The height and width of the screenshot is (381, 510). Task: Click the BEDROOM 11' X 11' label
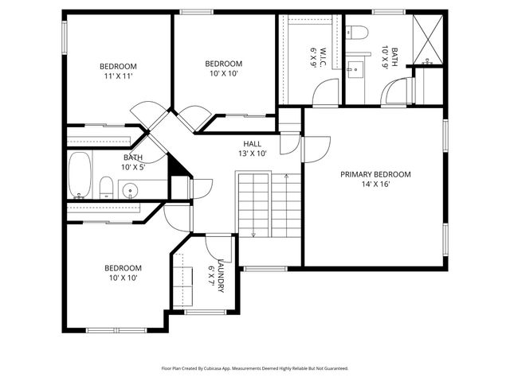click(118, 71)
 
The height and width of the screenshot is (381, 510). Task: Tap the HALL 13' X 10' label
click(252, 148)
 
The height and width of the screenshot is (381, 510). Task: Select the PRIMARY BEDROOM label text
click(375, 174)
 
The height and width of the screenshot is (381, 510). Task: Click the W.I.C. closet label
click(316, 56)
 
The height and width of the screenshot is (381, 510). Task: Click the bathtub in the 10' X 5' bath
click(79, 175)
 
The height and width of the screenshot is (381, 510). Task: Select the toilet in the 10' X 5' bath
click(105, 188)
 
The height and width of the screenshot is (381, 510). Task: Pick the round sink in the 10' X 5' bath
click(131, 190)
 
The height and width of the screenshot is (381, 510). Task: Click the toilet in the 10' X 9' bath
click(358, 33)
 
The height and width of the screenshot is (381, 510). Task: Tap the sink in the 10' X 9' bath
click(355, 63)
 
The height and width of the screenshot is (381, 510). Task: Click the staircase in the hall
click(269, 207)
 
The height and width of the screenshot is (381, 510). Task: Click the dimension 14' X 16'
click(375, 185)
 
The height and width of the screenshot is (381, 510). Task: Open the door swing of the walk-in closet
click(326, 94)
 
